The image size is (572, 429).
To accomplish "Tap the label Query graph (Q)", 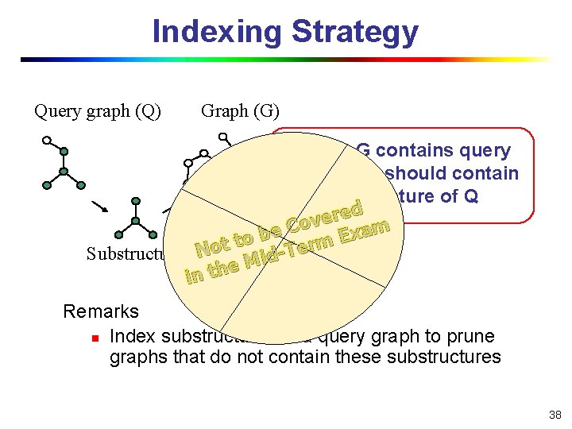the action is click(98, 110).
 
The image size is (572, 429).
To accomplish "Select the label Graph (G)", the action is click(240, 110).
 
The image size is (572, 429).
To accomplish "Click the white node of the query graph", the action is click(47, 140).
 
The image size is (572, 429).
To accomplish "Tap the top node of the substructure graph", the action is click(136, 202).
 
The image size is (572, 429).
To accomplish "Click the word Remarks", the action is click(101, 311).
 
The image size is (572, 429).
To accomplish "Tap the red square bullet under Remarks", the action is click(95, 338).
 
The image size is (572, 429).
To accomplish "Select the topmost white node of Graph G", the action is click(223, 136).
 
